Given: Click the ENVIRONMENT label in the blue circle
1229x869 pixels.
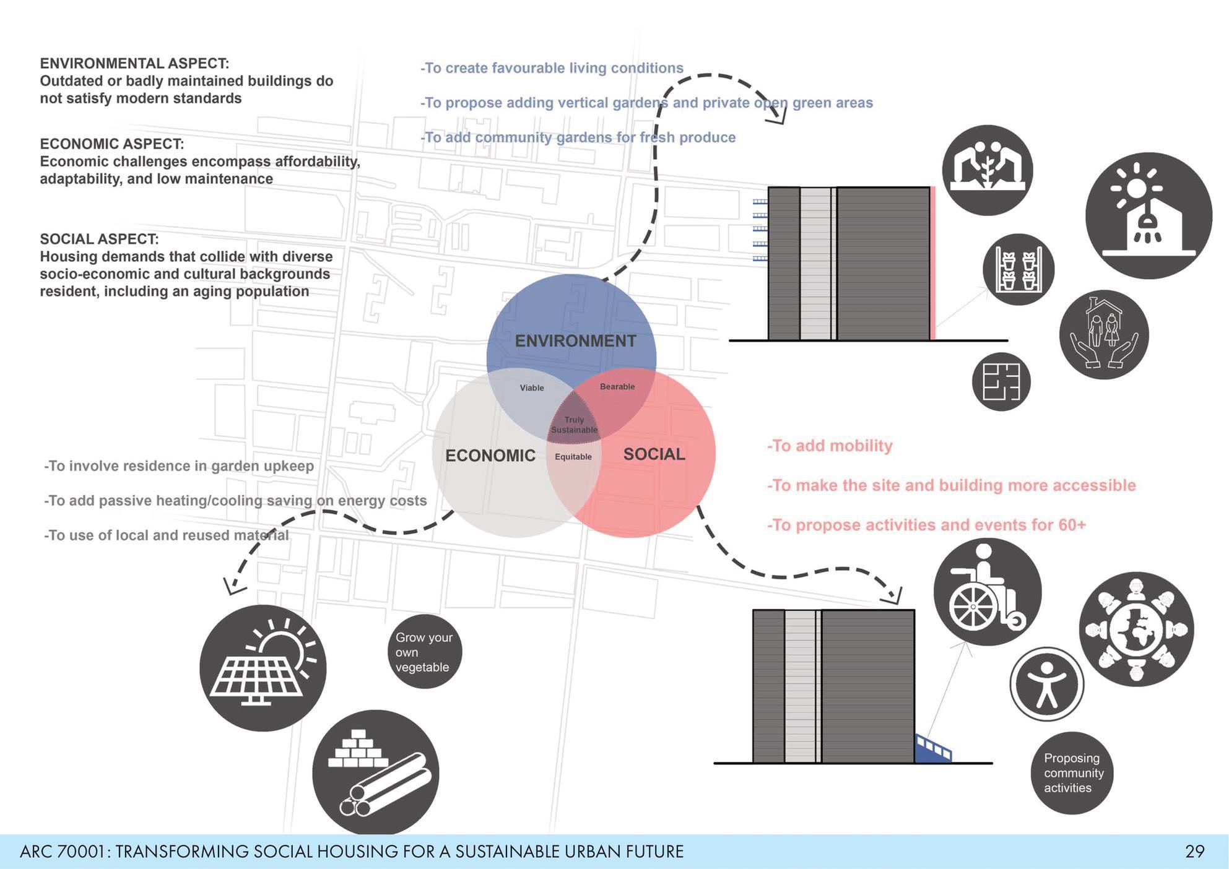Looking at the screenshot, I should click(575, 341).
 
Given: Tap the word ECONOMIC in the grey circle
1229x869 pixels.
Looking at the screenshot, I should click(490, 456).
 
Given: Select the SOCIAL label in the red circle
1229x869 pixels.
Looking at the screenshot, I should click(654, 454).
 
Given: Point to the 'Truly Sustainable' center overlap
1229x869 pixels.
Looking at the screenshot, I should click(574, 425).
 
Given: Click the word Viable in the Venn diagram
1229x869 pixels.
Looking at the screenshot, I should click(532, 388).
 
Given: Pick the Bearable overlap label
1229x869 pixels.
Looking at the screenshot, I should click(617, 387).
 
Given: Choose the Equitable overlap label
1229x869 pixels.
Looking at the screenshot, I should click(573, 457).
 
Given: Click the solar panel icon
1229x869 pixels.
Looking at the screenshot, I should click(263, 668).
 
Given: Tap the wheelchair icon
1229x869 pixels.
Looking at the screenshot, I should click(988, 592).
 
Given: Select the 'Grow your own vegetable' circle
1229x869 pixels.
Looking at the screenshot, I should click(424, 652).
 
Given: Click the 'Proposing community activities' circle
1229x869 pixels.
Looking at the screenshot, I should click(1072, 773).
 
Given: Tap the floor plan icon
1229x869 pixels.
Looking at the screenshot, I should click(1001, 382).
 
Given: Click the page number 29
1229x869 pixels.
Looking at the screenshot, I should click(1194, 852).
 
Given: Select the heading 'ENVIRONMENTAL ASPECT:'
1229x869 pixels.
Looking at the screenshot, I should click(134, 64).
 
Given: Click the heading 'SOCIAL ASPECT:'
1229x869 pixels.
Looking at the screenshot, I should click(99, 239).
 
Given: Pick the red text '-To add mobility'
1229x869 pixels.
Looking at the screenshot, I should click(830, 446).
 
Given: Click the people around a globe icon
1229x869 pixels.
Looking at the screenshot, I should click(1136, 629).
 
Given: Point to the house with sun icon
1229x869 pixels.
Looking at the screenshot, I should click(1149, 215).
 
